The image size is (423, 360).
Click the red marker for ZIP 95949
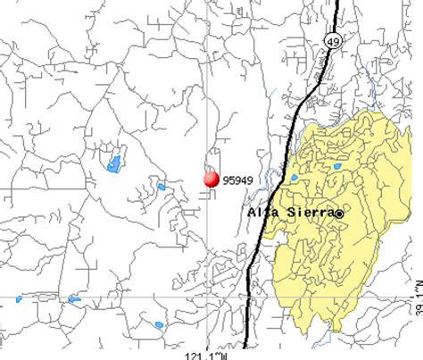[x=211, y=179]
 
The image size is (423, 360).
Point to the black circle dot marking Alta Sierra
[x=339, y=213]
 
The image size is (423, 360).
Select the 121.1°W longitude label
[x=209, y=355]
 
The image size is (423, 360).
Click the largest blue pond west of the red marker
[x=114, y=163]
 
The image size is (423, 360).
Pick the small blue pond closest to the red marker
[x=161, y=187]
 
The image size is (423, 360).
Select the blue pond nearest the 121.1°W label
[x=159, y=324]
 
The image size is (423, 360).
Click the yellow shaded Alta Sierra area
[x=357, y=259]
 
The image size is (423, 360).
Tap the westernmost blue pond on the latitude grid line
[x=17, y=299]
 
